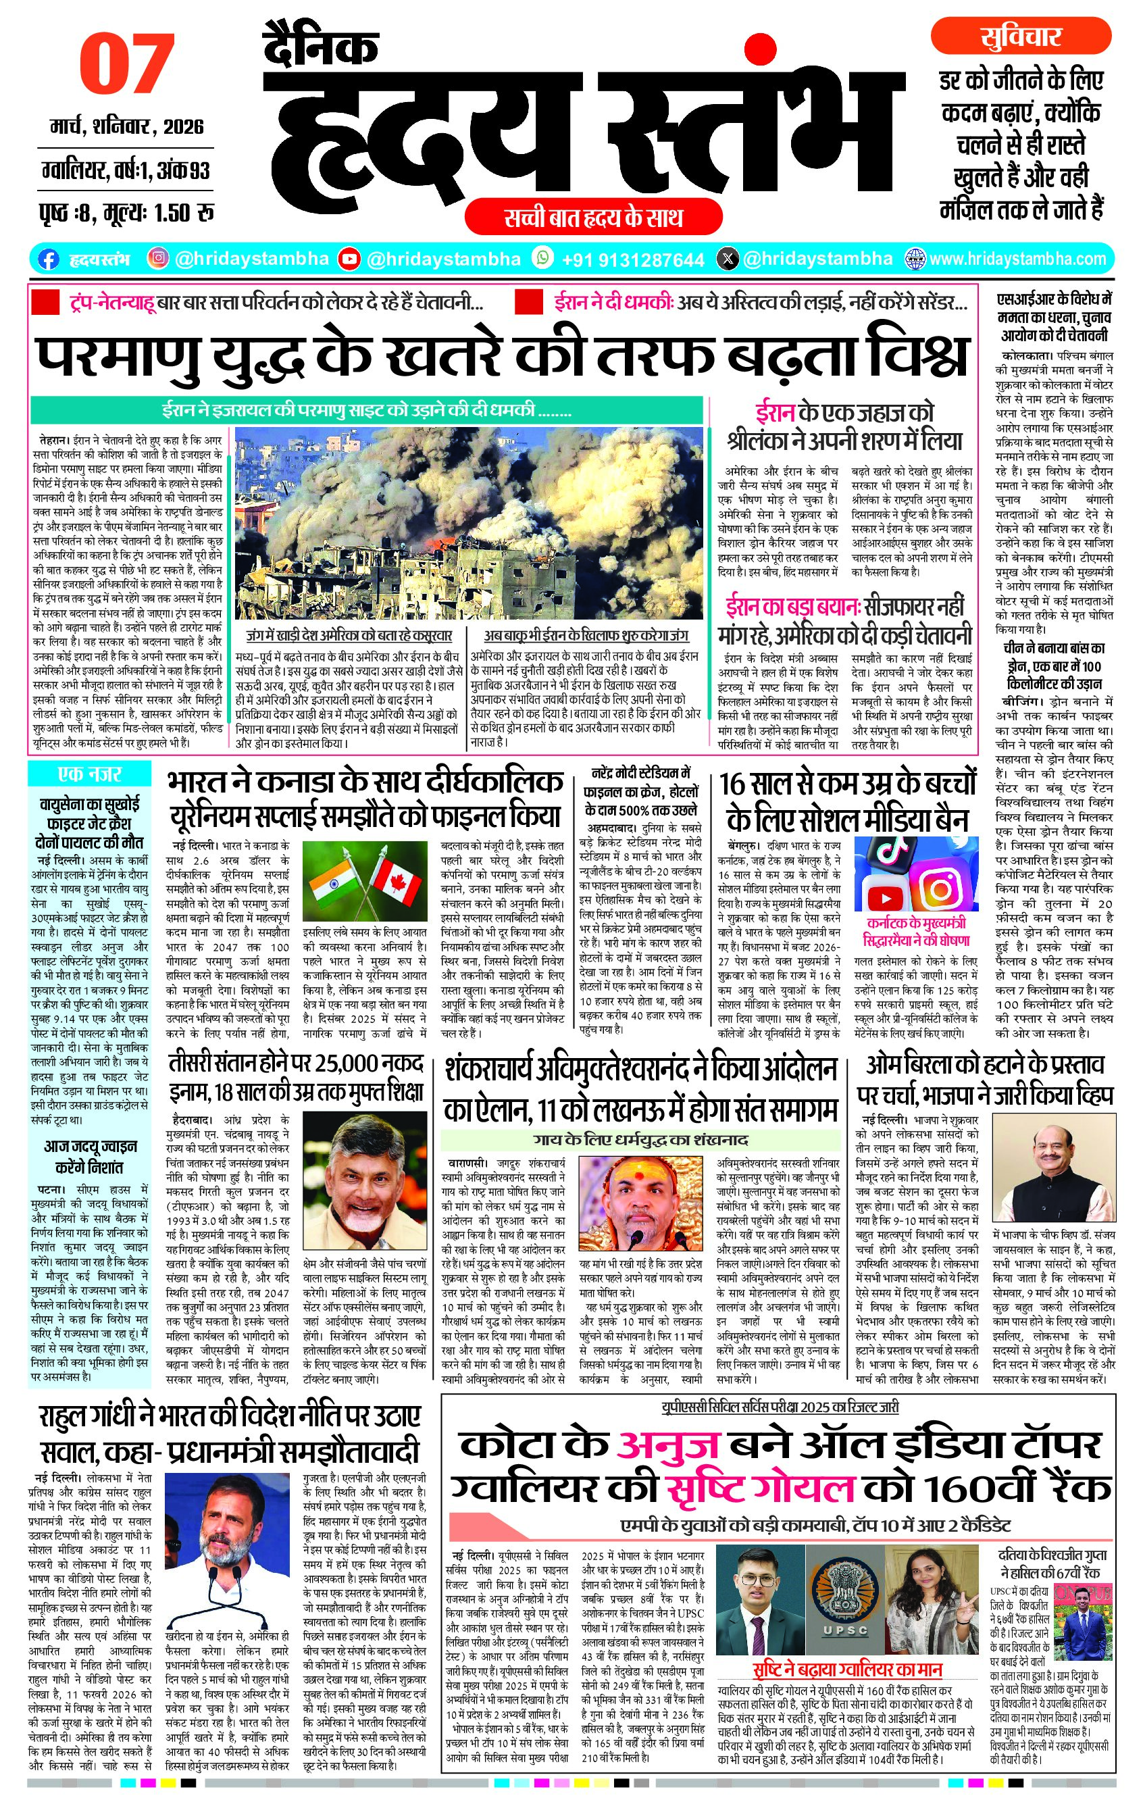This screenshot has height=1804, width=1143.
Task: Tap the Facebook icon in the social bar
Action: (48, 259)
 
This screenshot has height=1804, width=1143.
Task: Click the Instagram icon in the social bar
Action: (157, 259)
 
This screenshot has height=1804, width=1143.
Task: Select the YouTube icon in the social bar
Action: (349, 259)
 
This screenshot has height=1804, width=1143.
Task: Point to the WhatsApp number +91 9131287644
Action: (632, 260)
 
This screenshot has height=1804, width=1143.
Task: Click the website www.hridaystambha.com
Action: (1017, 259)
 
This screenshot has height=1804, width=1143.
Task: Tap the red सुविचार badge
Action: (1020, 36)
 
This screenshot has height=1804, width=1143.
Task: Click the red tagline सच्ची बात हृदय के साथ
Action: (592, 218)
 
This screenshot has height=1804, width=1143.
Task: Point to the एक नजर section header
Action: (89, 774)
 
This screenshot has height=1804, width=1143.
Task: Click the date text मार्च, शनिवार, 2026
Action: (126, 126)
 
